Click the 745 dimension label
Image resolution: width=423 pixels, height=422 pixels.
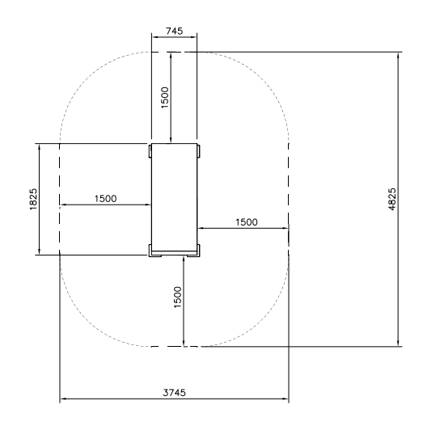pyautogui.click(x=174, y=31)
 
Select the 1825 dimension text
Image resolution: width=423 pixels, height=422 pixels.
pyautogui.click(x=33, y=199)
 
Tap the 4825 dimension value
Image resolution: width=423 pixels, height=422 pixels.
pyautogui.click(x=392, y=199)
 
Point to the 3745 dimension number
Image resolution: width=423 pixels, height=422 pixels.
pyautogui.click(x=174, y=393)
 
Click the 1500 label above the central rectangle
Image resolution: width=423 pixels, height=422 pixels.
pyautogui.click(x=164, y=97)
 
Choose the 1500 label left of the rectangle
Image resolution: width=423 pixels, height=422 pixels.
pyautogui.click(x=105, y=199)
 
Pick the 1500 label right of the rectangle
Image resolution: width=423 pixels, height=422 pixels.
pyautogui.click(x=247, y=222)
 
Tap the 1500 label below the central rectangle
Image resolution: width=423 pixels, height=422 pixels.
pyautogui.click(x=177, y=298)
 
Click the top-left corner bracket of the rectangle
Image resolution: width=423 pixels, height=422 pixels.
pyautogui.click(x=150, y=151)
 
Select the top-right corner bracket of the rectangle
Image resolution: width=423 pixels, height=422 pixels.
pyautogui.click(x=198, y=151)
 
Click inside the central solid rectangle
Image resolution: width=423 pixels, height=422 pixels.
pyautogui.click(x=174, y=197)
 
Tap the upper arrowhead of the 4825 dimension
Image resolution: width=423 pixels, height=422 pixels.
pyautogui.click(x=398, y=56)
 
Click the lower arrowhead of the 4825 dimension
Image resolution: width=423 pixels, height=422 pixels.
pyautogui.click(x=398, y=343)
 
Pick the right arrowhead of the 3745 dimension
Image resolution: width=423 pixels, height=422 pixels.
pyautogui.click(x=285, y=399)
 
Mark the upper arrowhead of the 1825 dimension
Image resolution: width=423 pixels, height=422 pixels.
pyautogui.click(x=40, y=148)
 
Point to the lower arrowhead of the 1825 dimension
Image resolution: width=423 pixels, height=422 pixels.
pyautogui.click(x=40, y=251)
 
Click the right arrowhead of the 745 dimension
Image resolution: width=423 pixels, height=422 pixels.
pyautogui.click(x=193, y=37)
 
